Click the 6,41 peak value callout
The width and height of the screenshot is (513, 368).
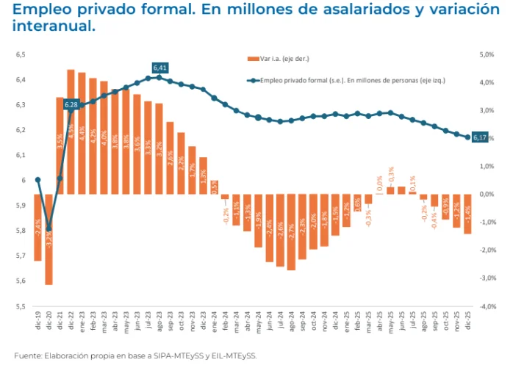(160, 68)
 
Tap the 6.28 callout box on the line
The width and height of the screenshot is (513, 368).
(71, 105)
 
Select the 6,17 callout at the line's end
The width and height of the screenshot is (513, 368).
(480, 137)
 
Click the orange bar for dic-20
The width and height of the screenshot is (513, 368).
(49, 239)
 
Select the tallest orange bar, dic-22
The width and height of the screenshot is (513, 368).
(71, 132)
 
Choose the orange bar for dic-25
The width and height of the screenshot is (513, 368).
(467, 214)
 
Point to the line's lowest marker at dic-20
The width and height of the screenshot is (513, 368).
(49, 228)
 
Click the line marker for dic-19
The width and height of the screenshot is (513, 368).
(37, 180)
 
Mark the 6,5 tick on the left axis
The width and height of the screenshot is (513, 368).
(21, 54)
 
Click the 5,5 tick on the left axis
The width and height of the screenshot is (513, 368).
(21, 306)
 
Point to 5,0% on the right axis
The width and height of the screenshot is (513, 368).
(487, 54)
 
